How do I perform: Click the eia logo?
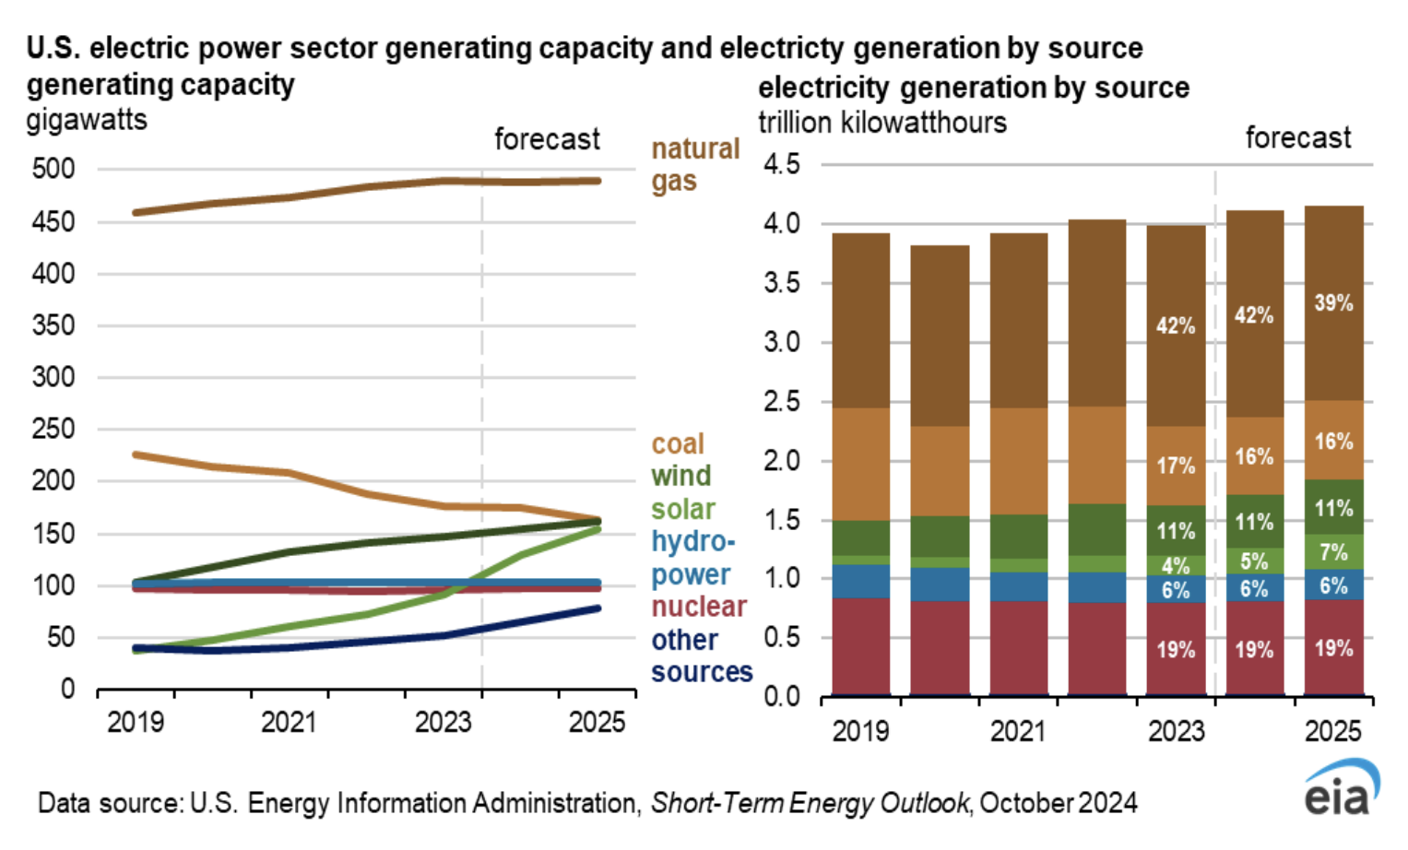(1342, 789)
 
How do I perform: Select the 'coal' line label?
(678, 444)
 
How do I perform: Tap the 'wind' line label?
(681, 477)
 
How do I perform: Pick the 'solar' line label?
(683, 510)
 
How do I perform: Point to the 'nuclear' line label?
(699, 607)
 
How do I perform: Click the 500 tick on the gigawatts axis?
(53, 170)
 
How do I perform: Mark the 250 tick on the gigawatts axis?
(53, 430)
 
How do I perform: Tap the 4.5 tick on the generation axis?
(782, 165)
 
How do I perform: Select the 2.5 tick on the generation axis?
(782, 402)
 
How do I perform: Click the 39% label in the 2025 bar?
(1333, 303)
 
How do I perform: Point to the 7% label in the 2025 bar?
(1333, 553)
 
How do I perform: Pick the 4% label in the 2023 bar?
(1176, 566)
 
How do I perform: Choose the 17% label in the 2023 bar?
(1176, 466)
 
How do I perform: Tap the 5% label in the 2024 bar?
(1254, 561)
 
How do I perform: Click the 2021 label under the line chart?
(289, 722)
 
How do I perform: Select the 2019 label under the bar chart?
(860, 731)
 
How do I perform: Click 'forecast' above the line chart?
(547, 139)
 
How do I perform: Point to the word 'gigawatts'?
(87, 121)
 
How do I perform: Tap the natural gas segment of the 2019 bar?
(860, 321)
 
